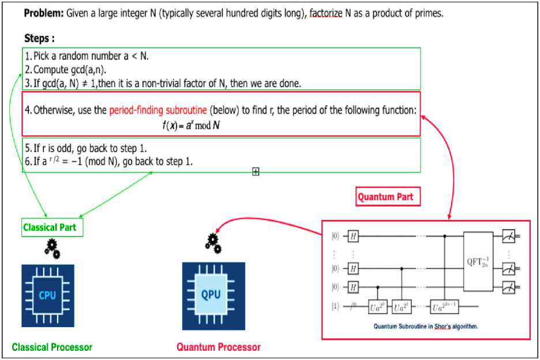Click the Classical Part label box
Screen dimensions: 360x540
tap(50, 227)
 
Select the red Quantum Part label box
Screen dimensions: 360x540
tap(385, 197)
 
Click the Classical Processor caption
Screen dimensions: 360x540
tap(52, 347)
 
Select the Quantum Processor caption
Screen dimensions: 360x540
tap(218, 347)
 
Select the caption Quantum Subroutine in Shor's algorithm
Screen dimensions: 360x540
tap(425, 327)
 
